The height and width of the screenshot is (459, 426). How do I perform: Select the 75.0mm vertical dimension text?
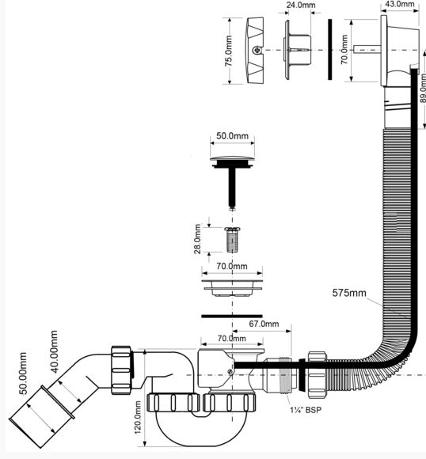pos(229,51)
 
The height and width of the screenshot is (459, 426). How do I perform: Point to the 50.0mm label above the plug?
pos(232,136)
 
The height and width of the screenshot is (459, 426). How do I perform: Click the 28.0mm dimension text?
pos(198,239)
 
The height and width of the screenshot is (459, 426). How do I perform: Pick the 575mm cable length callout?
pos(349,293)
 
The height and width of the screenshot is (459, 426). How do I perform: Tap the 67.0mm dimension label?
pos(264,324)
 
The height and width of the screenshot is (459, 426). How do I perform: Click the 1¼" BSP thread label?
pos(306,409)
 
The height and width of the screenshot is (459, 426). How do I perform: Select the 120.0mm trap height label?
pos(138,418)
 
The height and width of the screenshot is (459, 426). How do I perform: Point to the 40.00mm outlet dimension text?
pos(54,352)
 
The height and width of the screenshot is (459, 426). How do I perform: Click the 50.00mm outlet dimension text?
pos(23,373)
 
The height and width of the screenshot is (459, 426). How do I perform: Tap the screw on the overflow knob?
pos(257,50)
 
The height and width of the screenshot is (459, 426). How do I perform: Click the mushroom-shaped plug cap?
pos(232,162)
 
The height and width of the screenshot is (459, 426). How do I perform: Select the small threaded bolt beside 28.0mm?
pos(232,240)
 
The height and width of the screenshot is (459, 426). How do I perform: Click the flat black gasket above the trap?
pos(232,316)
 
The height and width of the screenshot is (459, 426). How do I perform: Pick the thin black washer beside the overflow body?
pos(330,49)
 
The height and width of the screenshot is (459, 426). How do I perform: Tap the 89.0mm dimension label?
pos(423,89)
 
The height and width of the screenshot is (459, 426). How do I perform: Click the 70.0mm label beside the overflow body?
pos(344,50)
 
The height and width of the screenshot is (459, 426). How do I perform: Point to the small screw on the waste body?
pos(230,372)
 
